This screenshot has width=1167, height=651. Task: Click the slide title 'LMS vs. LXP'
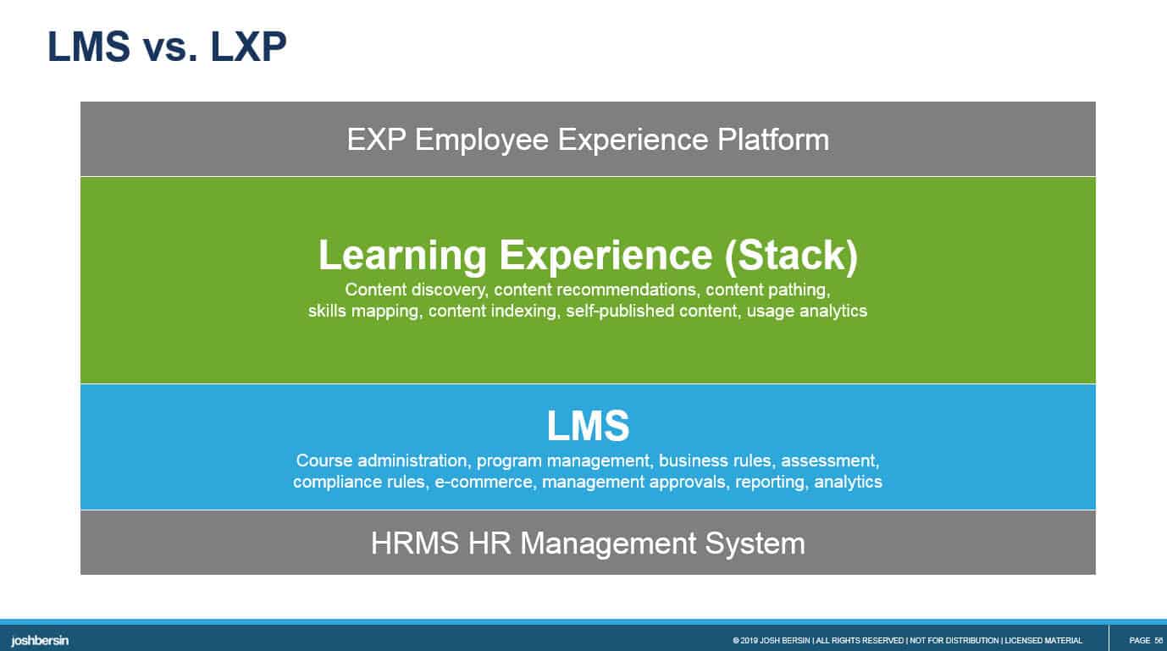click(x=167, y=47)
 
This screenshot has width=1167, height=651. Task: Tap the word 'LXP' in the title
click(x=248, y=47)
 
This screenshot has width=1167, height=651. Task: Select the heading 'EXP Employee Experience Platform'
click(x=588, y=140)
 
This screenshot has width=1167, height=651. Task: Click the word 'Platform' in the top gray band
click(x=773, y=139)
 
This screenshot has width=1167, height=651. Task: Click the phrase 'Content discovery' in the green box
click(x=415, y=290)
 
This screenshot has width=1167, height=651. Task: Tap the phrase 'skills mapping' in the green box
click(x=363, y=312)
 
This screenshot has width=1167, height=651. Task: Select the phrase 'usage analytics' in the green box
click(x=807, y=312)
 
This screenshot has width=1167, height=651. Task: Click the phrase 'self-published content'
click(x=652, y=311)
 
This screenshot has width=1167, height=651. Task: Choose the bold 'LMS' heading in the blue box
click(x=589, y=426)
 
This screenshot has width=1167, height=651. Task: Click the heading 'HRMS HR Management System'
click(x=588, y=543)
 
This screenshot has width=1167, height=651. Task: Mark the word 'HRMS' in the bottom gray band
click(x=415, y=543)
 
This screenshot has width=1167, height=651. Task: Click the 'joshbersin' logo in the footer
click(x=40, y=641)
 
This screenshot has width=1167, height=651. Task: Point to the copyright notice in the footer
click(x=907, y=641)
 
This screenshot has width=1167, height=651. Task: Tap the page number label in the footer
click(x=1146, y=641)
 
